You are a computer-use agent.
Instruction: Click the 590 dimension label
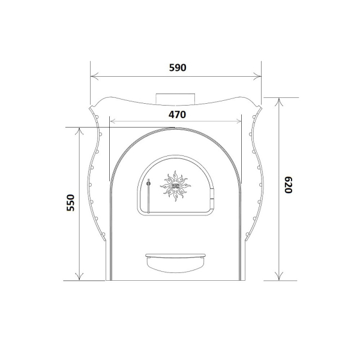click(x=178, y=67)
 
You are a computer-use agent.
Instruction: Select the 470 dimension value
click(x=177, y=115)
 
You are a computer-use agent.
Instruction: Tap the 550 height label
click(x=71, y=203)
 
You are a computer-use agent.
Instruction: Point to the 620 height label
click(x=288, y=185)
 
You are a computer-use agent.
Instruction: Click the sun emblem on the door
click(x=175, y=186)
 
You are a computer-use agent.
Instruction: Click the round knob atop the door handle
click(x=149, y=183)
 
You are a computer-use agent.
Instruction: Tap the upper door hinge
click(x=212, y=193)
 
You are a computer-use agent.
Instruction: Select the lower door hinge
click(x=212, y=203)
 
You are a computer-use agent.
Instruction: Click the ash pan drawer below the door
click(x=175, y=263)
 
